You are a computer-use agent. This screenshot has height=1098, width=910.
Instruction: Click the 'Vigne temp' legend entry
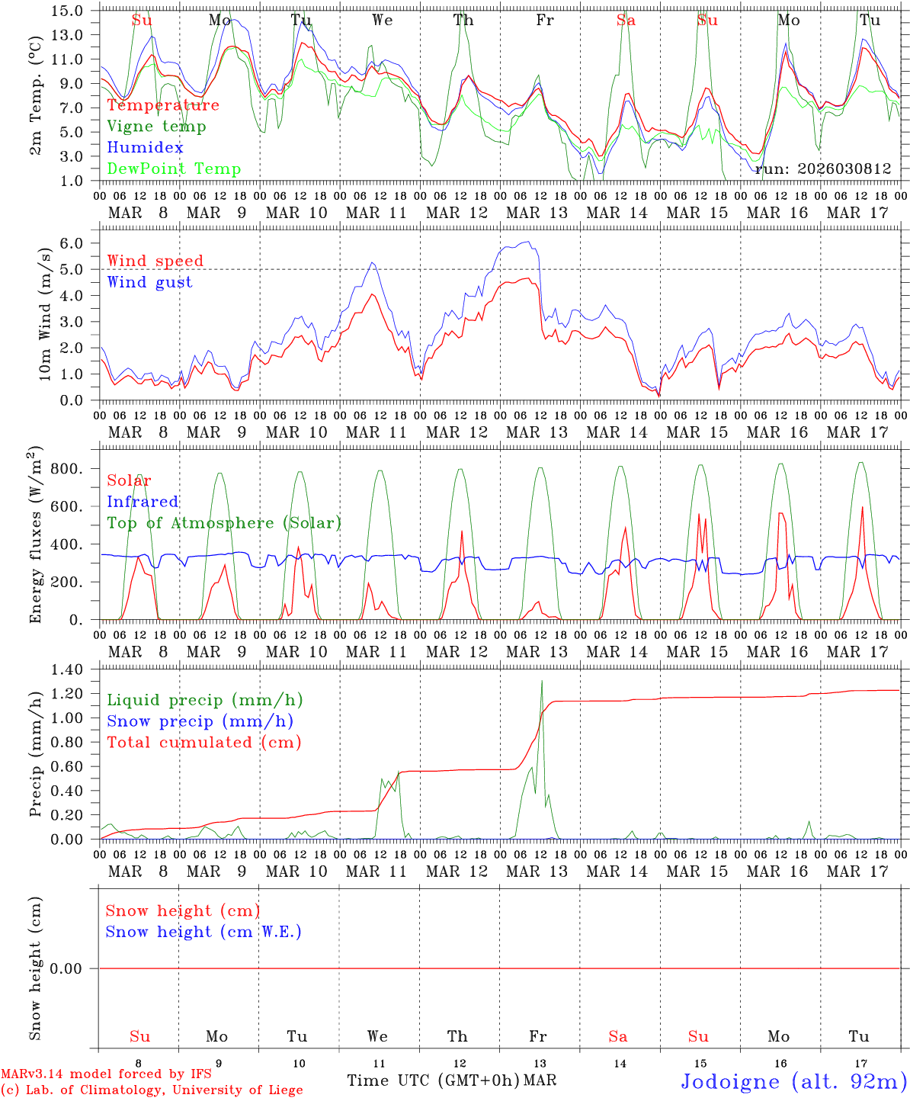tap(156, 127)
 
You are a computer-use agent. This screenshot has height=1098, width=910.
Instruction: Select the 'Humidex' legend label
tap(145, 148)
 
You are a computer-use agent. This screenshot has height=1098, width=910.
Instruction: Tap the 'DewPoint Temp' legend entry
tap(174, 169)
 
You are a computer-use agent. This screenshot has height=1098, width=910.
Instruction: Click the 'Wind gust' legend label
tap(149, 282)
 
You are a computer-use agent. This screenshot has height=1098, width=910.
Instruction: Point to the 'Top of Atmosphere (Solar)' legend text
tap(223, 523)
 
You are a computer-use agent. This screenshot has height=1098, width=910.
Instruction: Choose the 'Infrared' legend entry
tap(143, 502)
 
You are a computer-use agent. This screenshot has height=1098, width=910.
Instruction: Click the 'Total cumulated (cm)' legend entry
tap(203, 743)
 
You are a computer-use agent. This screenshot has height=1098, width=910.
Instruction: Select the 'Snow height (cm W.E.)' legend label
tap(203, 932)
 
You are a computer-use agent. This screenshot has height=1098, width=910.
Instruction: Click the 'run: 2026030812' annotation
tap(822, 169)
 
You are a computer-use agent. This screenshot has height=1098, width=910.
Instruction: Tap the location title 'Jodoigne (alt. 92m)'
tap(793, 1081)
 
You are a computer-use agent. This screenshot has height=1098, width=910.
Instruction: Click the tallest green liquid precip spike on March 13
tap(542, 681)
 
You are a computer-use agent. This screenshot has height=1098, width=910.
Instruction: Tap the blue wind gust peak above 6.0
tap(527, 242)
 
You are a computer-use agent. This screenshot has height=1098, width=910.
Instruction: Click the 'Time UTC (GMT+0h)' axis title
tap(433, 1080)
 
